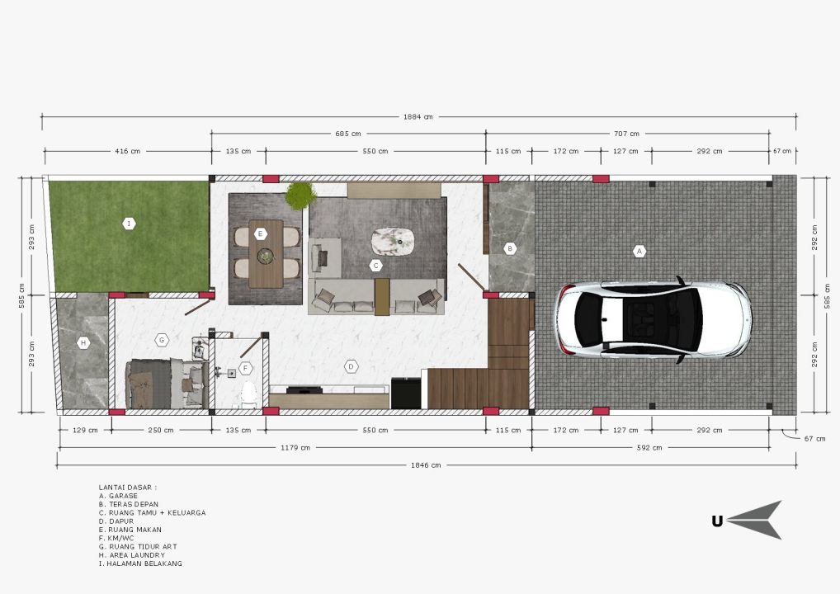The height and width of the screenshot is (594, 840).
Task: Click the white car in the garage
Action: click(x=653, y=318)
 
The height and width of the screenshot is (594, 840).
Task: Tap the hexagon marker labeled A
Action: click(x=639, y=251)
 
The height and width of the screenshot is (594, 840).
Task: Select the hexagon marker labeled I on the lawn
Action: click(x=129, y=224)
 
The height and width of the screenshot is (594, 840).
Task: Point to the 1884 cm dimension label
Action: click(x=418, y=117)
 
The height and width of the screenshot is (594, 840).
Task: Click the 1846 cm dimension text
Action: click(x=426, y=465)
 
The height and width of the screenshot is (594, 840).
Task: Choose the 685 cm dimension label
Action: click(x=348, y=134)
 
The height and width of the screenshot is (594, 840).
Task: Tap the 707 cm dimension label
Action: click(x=626, y=134)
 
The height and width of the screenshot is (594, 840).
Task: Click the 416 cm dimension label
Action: click(x=128, y=152)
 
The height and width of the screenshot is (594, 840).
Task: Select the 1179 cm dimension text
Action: click(x=295, y=448)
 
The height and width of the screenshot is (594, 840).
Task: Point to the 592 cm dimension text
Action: click(x=649, y=448)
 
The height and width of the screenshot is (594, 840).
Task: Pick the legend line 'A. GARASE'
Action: click(x=118, y=496)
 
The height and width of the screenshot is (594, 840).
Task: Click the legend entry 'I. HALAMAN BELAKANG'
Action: click(x=140, y=563)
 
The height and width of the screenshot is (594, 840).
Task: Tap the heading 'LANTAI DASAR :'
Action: click(x=128, y=488)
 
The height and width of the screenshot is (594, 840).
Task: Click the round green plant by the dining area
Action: click(x=300, y=196)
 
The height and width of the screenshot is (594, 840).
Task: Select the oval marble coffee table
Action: click(x=394, y=242)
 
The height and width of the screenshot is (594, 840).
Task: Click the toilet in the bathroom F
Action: click(x=248, y=394)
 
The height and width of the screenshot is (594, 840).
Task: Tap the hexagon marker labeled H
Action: click(x=83, y=343)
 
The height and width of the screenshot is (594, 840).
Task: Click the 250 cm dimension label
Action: click(x=161, y=430)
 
